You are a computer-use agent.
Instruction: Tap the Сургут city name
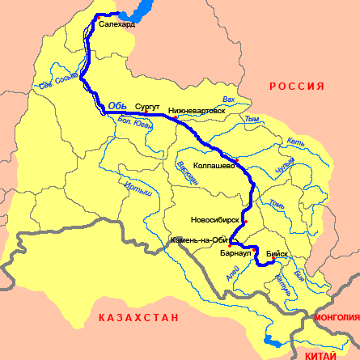(148, 106)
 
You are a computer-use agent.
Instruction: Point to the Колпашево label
(214, 165)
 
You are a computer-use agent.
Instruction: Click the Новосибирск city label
(215, 219)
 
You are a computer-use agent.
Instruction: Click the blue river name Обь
(117, 104)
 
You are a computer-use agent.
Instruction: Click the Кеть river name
(294, 142)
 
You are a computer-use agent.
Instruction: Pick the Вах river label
(229, 100)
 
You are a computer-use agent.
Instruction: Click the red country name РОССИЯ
(296, 87)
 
